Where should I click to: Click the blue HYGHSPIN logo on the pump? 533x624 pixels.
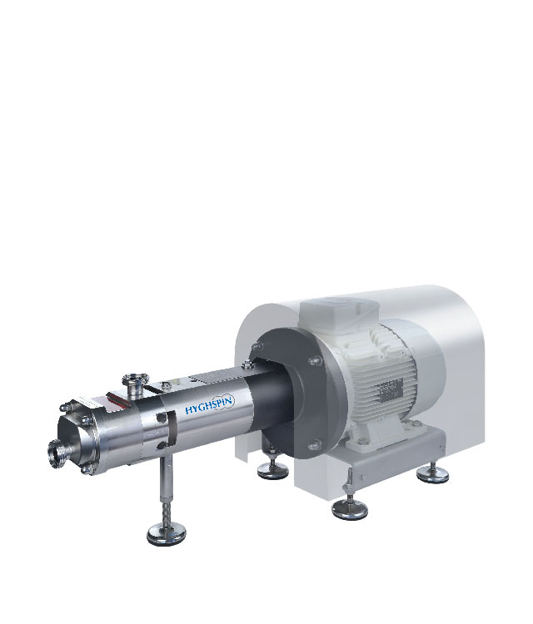click(x=211, y=407)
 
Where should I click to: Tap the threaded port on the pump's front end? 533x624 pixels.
click(x=56, y=453)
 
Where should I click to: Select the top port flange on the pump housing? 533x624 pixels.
click(x=135, y=376)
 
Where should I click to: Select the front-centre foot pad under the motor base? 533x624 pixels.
click(x=349, y=509)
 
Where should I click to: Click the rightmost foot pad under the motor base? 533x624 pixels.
click(x=432, y=475)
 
